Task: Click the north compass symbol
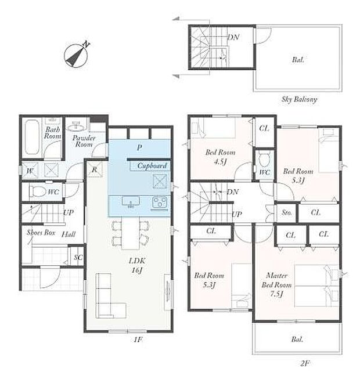[x=76, y=55]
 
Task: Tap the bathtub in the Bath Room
[x=32, y=137]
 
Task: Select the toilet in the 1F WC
[x=38, y=191]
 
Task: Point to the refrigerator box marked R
[x=95, y=169]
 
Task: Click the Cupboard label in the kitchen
[x=152, y=166]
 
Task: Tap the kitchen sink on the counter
[x=131, y=202]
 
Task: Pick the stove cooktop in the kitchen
[x=160, y=203]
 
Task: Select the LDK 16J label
[x=137, y=265]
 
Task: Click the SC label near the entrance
[x=78, y=258]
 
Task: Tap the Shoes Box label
[x=41, y=232]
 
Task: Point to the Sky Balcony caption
[x=299, y=99]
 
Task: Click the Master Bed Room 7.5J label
[x=276, y=285]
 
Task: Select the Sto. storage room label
[x=287, y=212]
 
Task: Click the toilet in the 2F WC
[x=264, y=158]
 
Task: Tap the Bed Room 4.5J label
[x=220, y=157]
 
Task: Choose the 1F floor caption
[x=138, y=339]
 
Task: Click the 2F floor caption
[x=304, y=364]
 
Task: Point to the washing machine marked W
[x=30, y=171]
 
